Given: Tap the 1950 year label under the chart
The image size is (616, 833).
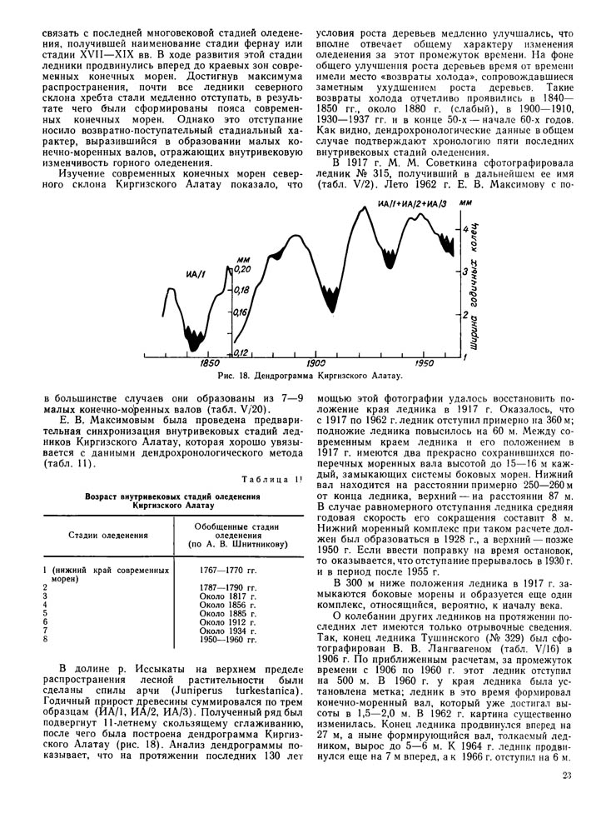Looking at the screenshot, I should pyautogui.click(x=425, y=364).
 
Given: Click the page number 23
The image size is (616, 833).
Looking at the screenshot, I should pyautogui.click(x=566, y=800).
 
